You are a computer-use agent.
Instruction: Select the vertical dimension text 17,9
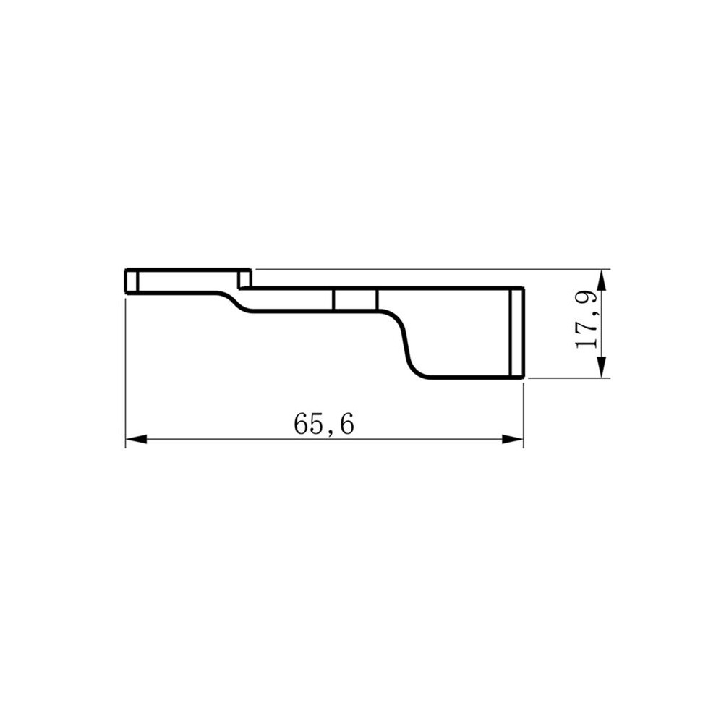coord(587,320)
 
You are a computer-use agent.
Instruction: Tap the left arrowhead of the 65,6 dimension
coord(136,439)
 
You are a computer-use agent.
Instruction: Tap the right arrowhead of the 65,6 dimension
coord(512,439)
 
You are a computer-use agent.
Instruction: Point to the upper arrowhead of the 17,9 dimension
coord(602,280)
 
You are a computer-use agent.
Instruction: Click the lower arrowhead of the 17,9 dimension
coord(602,367)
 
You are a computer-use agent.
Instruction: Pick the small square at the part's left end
coord(132,281)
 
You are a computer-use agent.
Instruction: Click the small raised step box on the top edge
coord(244,278)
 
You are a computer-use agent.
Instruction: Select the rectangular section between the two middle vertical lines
coord(355,299)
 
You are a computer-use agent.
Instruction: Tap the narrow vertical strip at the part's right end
coord(517,333)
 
